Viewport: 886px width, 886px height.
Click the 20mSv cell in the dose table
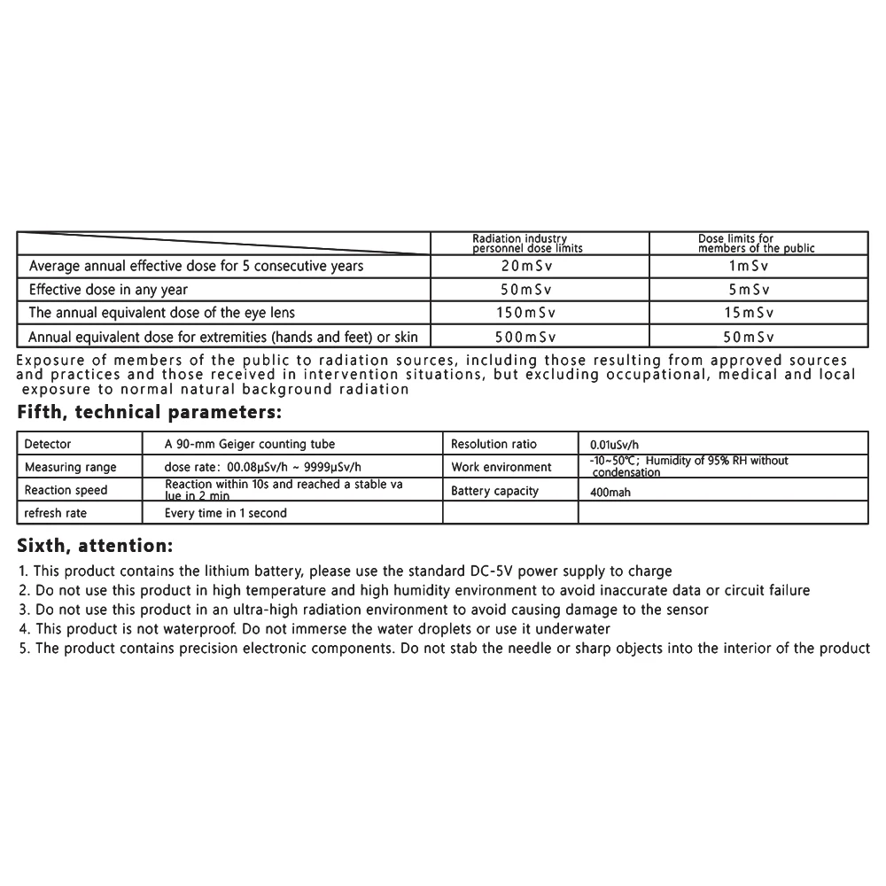(528, 266)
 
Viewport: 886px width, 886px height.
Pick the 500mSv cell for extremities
(528, 337)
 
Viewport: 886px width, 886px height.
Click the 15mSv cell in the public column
(748, 313)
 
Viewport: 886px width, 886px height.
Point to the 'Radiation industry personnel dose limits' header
(527, 244)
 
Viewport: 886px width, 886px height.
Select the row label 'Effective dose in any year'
(108, 290)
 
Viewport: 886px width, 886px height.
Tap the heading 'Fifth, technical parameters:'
(150, 412)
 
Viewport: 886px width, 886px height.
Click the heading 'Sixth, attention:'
(95, 544)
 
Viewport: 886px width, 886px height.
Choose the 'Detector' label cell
(48, 444)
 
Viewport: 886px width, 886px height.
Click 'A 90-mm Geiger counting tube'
(250, 444)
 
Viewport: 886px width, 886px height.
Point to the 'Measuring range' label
(70, 467)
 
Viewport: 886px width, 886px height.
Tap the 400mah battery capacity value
(610, 492)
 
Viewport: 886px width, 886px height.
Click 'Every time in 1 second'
(226, 513)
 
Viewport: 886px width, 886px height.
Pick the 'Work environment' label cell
(501, 467)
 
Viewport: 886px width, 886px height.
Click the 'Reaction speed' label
(66, 490)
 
